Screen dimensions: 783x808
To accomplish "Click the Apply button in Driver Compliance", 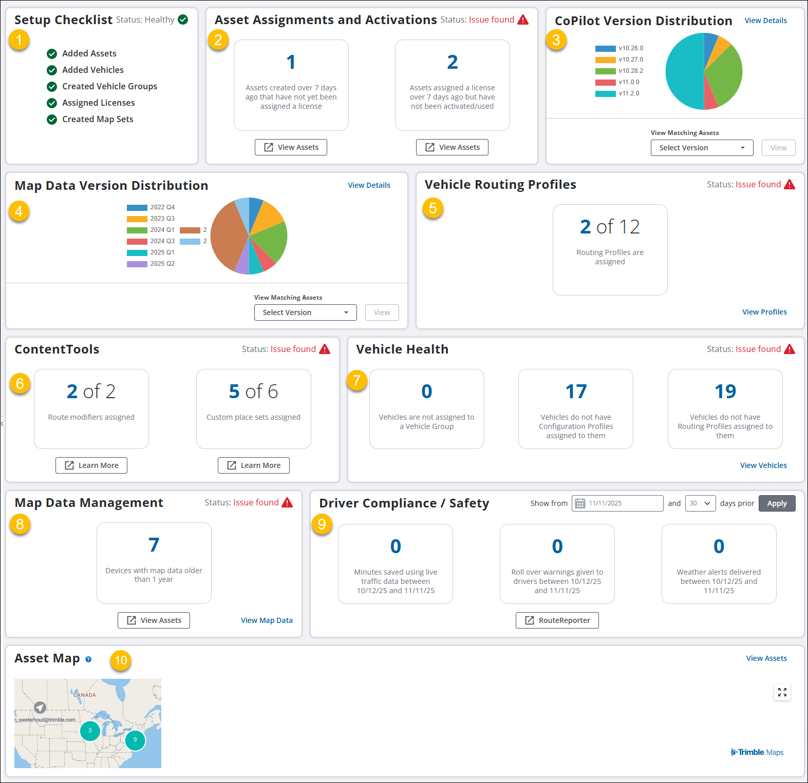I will click(777, 503).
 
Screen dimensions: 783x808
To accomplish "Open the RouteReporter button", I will click(557, 620).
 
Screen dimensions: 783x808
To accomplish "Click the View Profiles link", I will click(764, 312).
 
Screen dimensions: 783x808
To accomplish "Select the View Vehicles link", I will click(763, 465).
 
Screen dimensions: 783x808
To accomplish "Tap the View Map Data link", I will click(267, 620).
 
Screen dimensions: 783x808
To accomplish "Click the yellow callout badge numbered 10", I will click(121, 660).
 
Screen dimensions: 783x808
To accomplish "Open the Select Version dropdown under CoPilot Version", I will click(702, 148).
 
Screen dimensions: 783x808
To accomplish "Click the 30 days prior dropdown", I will click(700, 503).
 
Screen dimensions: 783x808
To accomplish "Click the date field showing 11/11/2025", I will click(617, 503).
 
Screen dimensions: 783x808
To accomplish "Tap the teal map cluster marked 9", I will click(135, 740).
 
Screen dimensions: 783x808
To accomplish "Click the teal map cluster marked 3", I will click(90, 731).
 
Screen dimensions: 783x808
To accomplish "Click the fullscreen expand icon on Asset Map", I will click(782, 693).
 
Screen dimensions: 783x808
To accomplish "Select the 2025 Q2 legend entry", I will click(151, 264).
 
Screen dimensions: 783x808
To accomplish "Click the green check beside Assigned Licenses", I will click(52, 103).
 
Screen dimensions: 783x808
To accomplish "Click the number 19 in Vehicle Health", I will click(725, 391).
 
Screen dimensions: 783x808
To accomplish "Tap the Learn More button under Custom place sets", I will click(254, 465).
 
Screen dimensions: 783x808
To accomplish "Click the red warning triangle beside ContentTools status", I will click(325, 349).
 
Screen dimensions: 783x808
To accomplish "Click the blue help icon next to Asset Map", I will click(88, 659).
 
